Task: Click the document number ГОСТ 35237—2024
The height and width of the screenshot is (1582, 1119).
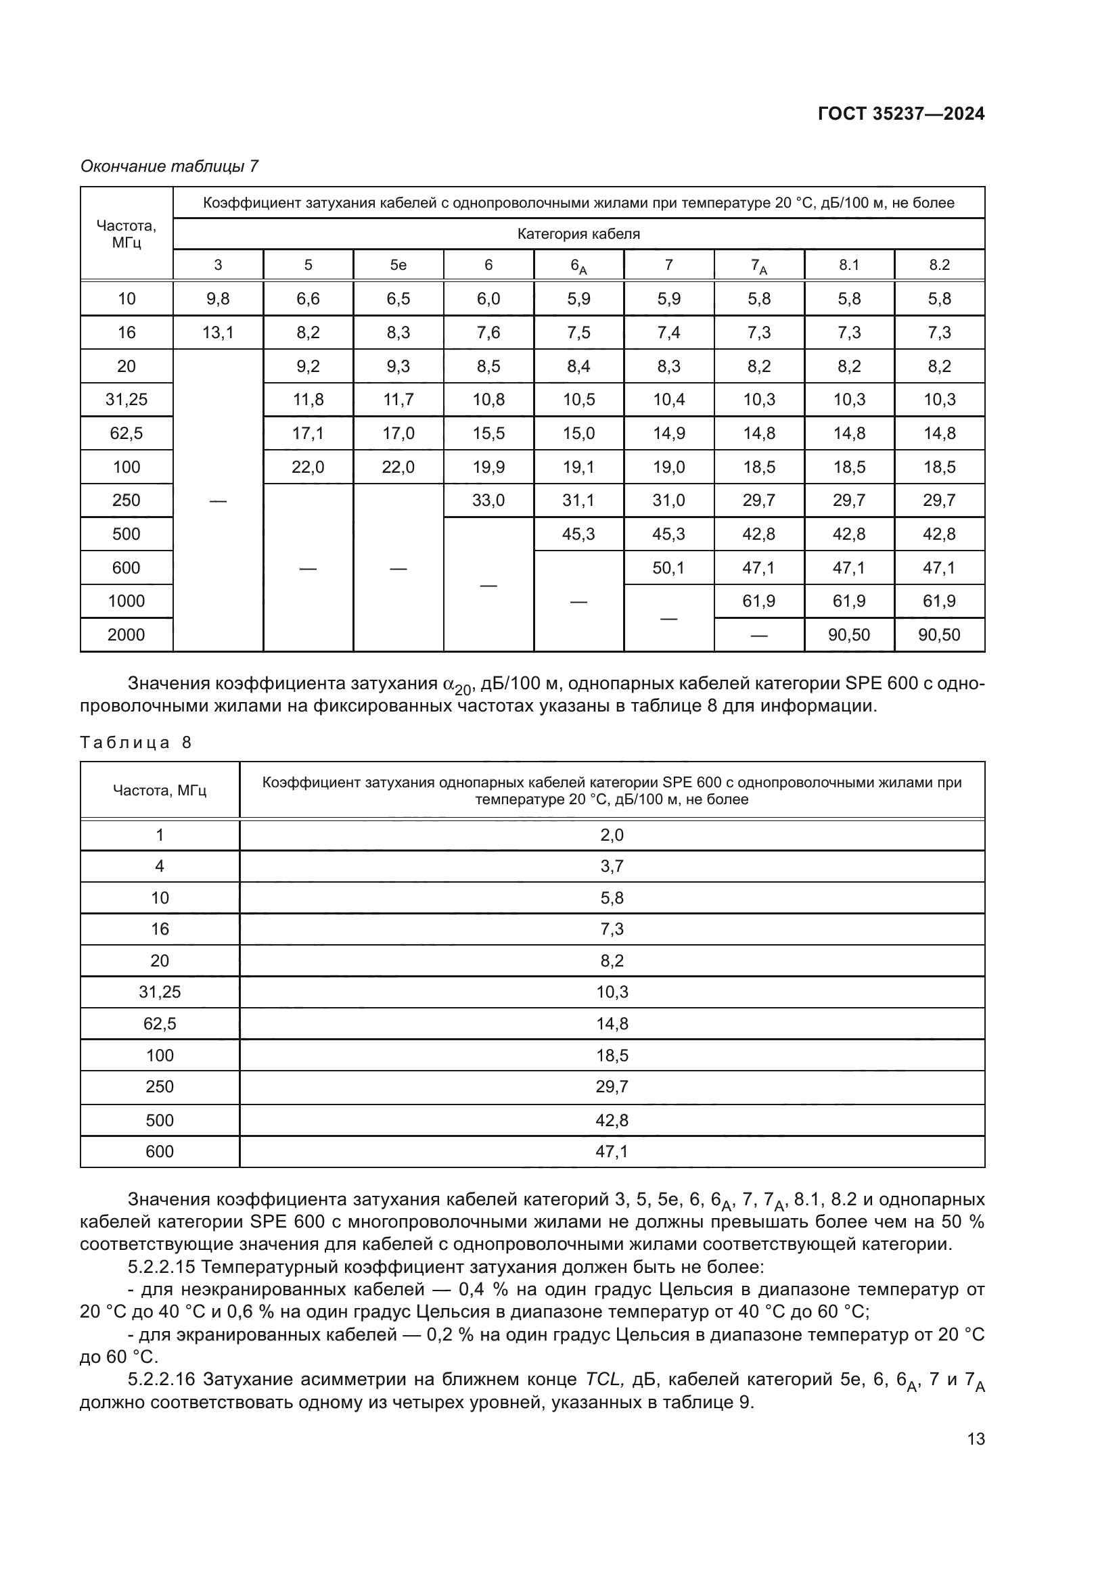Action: tap(900, 114)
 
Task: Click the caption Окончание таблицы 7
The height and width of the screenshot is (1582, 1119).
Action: tap(169, 166)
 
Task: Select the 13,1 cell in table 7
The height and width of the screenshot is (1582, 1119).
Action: tap(218, 333)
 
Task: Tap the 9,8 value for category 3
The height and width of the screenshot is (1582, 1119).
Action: tap(218, 299)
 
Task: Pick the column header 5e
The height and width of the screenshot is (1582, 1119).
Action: tap(398, 265)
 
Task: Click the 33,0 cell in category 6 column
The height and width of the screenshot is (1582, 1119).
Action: tap(488, 501)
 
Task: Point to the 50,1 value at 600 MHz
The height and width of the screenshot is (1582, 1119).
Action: tap(668, 567)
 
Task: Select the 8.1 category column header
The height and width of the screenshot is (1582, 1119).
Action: tap(849, 265)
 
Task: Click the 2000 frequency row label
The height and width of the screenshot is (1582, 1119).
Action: tap(126, 634)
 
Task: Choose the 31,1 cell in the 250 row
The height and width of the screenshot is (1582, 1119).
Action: tap(579, 501)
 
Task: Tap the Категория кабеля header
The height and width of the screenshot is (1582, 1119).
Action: tap(579, 234)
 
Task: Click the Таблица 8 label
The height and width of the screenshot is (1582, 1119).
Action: tap(136, 743)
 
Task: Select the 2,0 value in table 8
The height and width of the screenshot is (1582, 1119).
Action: tap(612, 835)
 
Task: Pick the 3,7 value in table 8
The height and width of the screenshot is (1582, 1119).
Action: tap(612, 866)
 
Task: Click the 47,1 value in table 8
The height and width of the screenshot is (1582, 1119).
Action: tap(612, 1151)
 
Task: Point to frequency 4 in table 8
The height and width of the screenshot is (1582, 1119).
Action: tap(160, 866)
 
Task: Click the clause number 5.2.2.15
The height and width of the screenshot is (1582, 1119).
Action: tap(162, 1267)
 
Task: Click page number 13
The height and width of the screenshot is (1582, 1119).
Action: tap(976, 1439)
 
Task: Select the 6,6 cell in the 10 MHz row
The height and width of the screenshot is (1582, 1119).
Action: tap(308, 299)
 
